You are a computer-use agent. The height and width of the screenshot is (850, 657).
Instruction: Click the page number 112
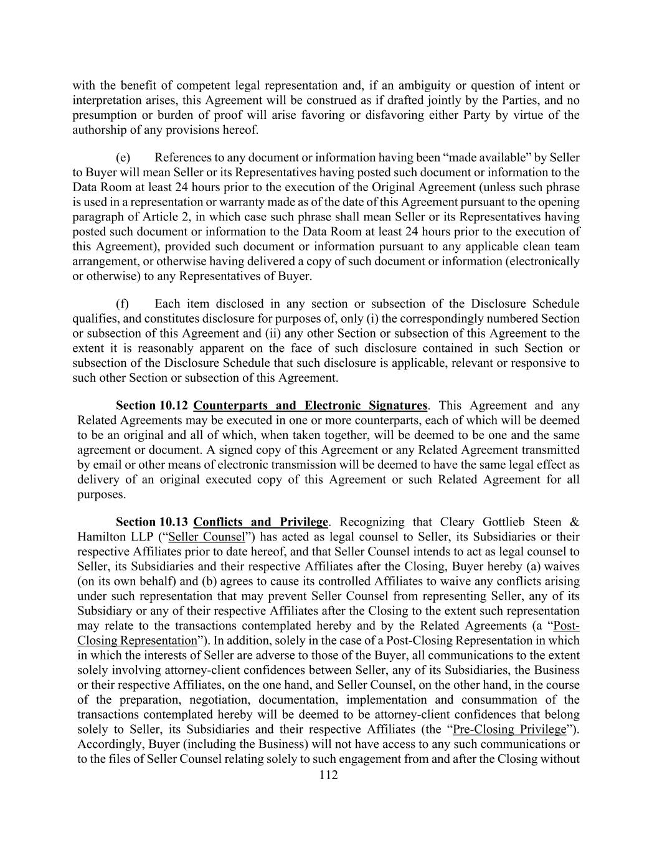point(328,775)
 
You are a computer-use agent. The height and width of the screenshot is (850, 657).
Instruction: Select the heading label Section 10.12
point(153,406)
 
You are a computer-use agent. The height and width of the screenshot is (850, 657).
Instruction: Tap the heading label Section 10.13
point(153,522)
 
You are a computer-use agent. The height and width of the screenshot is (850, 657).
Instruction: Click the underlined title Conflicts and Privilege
point(260,522)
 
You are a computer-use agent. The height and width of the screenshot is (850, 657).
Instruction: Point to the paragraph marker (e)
point(123,158)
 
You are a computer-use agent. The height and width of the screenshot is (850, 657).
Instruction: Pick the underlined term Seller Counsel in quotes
point(207,537)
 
